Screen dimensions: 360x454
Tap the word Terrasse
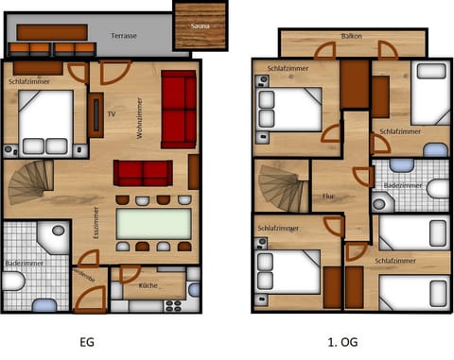point(124,36)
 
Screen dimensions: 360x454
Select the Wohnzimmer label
point(139,119)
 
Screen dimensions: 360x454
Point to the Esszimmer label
point(96,226)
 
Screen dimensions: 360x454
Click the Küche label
point(148,284)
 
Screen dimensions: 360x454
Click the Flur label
point(328,197)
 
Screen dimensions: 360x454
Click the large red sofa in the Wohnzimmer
point(178,109)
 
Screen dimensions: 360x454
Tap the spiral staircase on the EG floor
point(30,182)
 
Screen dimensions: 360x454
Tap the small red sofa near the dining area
point(143,172)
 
